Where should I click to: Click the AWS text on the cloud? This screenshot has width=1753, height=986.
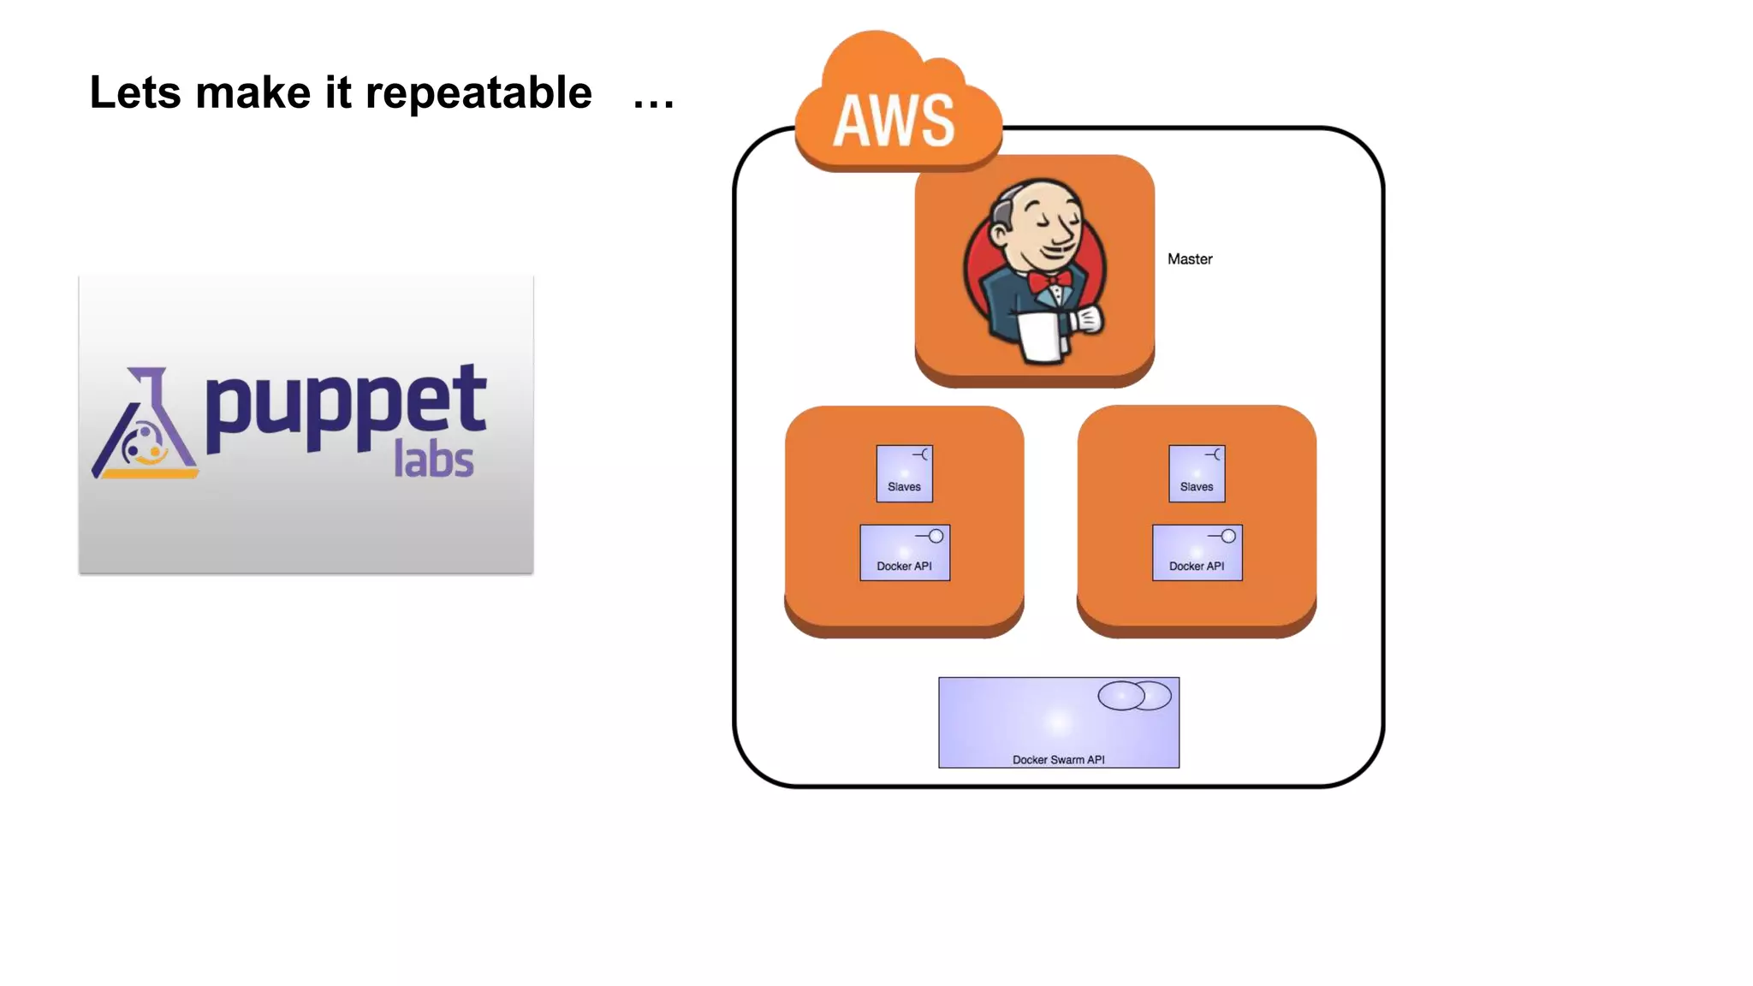[894, 121]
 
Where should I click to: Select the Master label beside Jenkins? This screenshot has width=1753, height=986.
[1190, 259]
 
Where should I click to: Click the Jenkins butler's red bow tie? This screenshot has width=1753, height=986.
[1049, 282]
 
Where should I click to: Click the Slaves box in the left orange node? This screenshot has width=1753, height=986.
[905, 473]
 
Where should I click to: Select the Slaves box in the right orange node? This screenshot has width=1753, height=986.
[1197, 473]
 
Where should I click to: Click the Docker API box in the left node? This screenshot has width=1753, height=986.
[905, 553]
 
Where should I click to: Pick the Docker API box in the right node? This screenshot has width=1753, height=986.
[1197, 553]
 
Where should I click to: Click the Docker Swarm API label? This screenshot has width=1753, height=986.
[1059, 759]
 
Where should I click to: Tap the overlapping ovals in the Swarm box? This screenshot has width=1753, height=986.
[1134, 696]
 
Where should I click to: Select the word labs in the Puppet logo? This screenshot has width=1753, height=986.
[433, 460]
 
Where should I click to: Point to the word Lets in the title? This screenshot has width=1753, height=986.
[135, 93]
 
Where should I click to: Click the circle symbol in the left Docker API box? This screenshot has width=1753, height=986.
[936, 536]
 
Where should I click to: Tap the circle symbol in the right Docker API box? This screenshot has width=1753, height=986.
[1228, 536]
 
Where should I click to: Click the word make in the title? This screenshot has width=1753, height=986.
[253, 93]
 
